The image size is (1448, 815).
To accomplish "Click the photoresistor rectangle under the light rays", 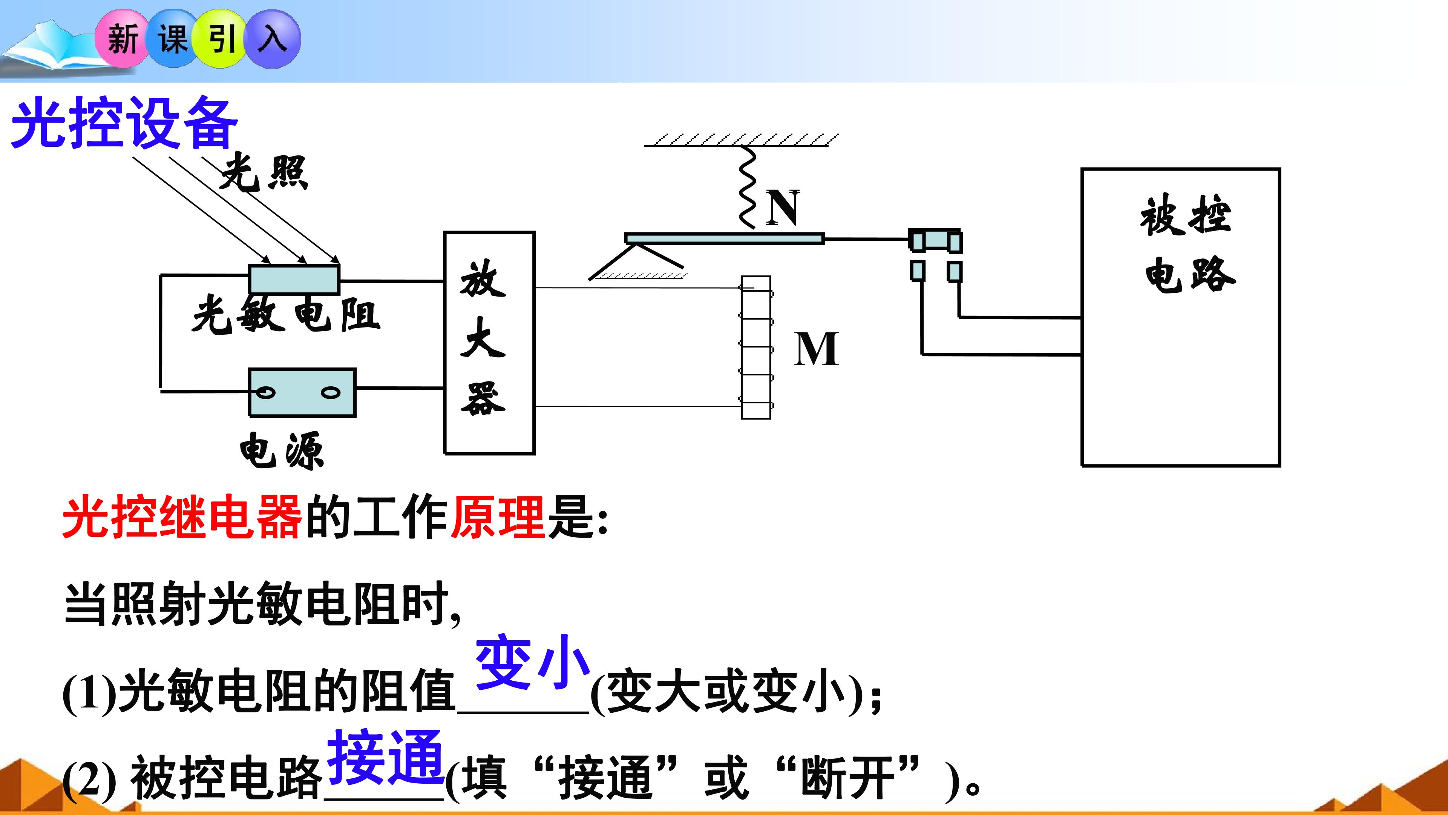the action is click(x=294, y=279).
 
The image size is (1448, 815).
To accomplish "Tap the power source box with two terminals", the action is click(x=302, y=392).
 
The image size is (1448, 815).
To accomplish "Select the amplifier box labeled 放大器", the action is click(x=489, y=343).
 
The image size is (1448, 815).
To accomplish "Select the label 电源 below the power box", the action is click(x=282, y=450).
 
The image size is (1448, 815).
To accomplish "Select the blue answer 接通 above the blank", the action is click(x=386, y=757).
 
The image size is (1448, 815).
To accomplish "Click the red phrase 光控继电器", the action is click(x=182, y=517).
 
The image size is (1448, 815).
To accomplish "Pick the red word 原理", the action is click(x=498, y=517).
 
